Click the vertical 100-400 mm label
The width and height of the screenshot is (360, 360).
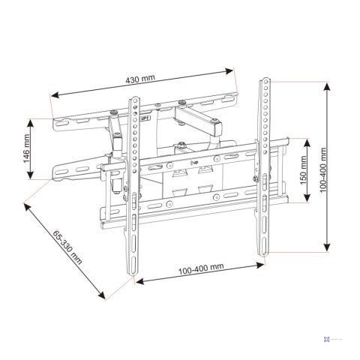(x=322, y=170)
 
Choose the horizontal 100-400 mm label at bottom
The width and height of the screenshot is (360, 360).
(x=201, y=268)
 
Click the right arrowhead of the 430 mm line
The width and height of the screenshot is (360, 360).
(x=232, y=70)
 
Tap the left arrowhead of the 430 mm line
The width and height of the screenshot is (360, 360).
(x=52, y=95)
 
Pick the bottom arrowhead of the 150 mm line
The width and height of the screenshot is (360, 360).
(x=307, y=201)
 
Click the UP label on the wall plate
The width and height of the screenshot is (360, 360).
(x=144, y=118)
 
